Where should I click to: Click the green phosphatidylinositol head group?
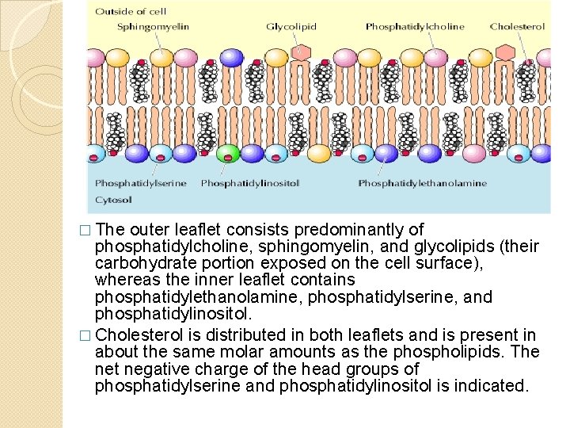(x=228, y=153)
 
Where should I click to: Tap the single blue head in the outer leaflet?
(x=232, y=57)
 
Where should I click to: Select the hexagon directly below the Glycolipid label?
(x=299, y=52)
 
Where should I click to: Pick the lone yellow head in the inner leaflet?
(x=319, y=154)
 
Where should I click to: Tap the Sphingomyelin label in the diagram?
(x=153, y=27)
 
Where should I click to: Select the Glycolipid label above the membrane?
(x=291, y=27)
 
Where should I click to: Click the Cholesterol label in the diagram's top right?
(x=517, y=27)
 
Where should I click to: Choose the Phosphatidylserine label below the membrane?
(x=141, y=184)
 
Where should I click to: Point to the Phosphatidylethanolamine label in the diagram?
(x=422, y=184)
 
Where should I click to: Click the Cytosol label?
(x=114, y=200)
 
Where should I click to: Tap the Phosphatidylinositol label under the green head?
(x=250, y=184)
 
